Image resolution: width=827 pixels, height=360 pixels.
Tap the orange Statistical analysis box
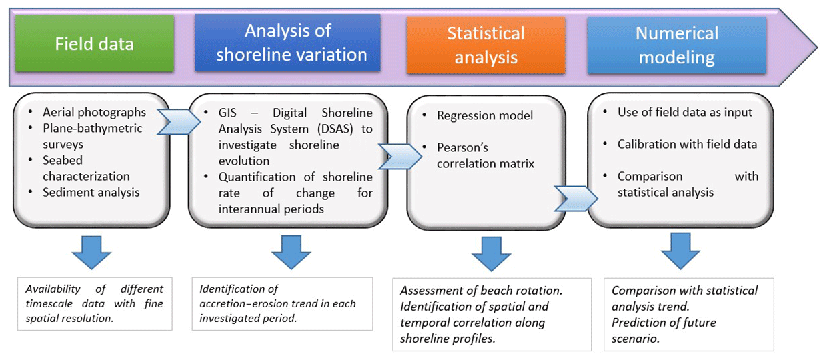[x=486, y=45]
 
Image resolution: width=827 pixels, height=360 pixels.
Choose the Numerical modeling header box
[x=676, y=45]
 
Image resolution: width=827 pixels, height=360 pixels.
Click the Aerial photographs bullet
[x=94, y=112]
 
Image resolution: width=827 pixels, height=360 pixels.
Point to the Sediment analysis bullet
[x=91, y=192]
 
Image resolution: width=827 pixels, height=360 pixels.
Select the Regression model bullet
[x=485, y=115]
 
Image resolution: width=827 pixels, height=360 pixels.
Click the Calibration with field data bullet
[x=687, y=144]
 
